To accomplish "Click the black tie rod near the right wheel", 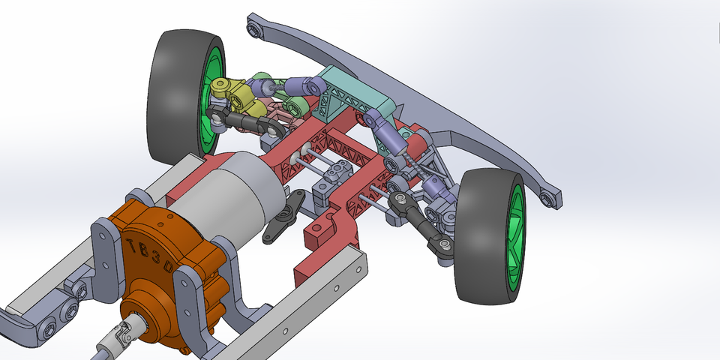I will click(x=421, y=221).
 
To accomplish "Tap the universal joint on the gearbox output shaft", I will click(x=128, y=334).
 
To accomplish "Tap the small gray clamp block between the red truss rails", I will click(x=338, y=177).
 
